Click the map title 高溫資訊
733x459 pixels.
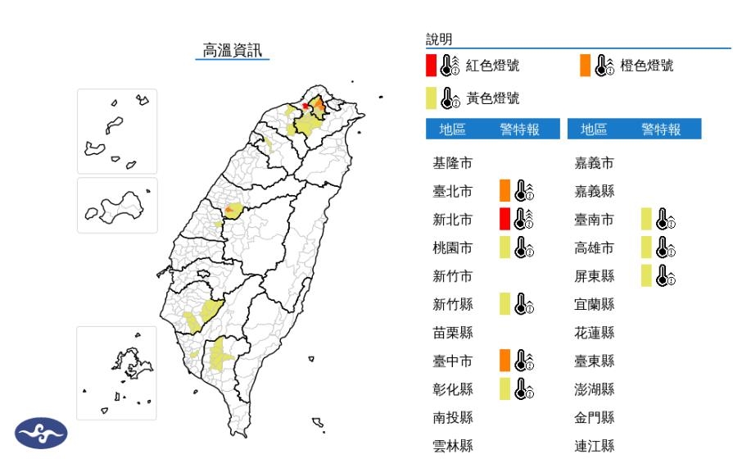click(234, 50)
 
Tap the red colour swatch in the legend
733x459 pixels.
click(431, 66)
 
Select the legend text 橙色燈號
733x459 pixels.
click(647, 66)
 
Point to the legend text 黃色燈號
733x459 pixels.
click(492, 98)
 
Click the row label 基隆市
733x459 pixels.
click(452, 163)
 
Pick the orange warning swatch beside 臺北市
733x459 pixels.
click(505, 191)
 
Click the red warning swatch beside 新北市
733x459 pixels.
click(505, 219)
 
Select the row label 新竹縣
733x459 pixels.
click(452, 304)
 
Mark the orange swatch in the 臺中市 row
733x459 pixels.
click(505, 359)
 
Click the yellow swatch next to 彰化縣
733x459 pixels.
click(505, 388)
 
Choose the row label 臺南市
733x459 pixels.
click(595, 219)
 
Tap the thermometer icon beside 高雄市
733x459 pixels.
click(666, 247)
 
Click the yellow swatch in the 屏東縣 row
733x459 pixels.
click(646, 275)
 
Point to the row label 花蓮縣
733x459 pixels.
click(595, 333)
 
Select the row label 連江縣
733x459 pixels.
click(595, 446)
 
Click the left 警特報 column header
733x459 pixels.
click(520, 130)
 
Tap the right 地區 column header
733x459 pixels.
click(594, 130)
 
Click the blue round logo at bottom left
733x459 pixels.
click(41, 434)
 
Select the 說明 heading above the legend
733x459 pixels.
click(439, 39)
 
